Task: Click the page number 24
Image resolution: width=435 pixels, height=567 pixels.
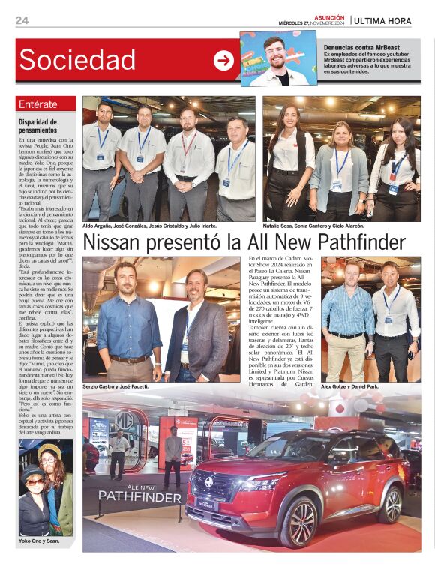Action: click(x=22, y=20)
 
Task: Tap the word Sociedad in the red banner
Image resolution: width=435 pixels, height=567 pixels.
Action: click(x=77, y=59)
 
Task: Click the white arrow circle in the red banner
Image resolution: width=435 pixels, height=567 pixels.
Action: click(x=223, y=60)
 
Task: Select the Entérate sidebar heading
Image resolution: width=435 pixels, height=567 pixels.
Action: click(x=38, y=104)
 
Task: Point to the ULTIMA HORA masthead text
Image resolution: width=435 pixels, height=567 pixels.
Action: click(x=382, y=21)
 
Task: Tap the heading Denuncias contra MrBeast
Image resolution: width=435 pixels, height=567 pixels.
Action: click(x=363, y=47)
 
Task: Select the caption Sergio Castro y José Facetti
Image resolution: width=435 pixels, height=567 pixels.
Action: click(x=115, y=386)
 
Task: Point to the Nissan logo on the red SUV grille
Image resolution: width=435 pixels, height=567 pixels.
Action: click(x=208, y=481)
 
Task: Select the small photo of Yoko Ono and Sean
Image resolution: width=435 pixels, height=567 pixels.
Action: click(x=46, y=487)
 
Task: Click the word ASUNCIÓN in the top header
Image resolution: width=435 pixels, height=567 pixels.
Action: click(x=328, y=16)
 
